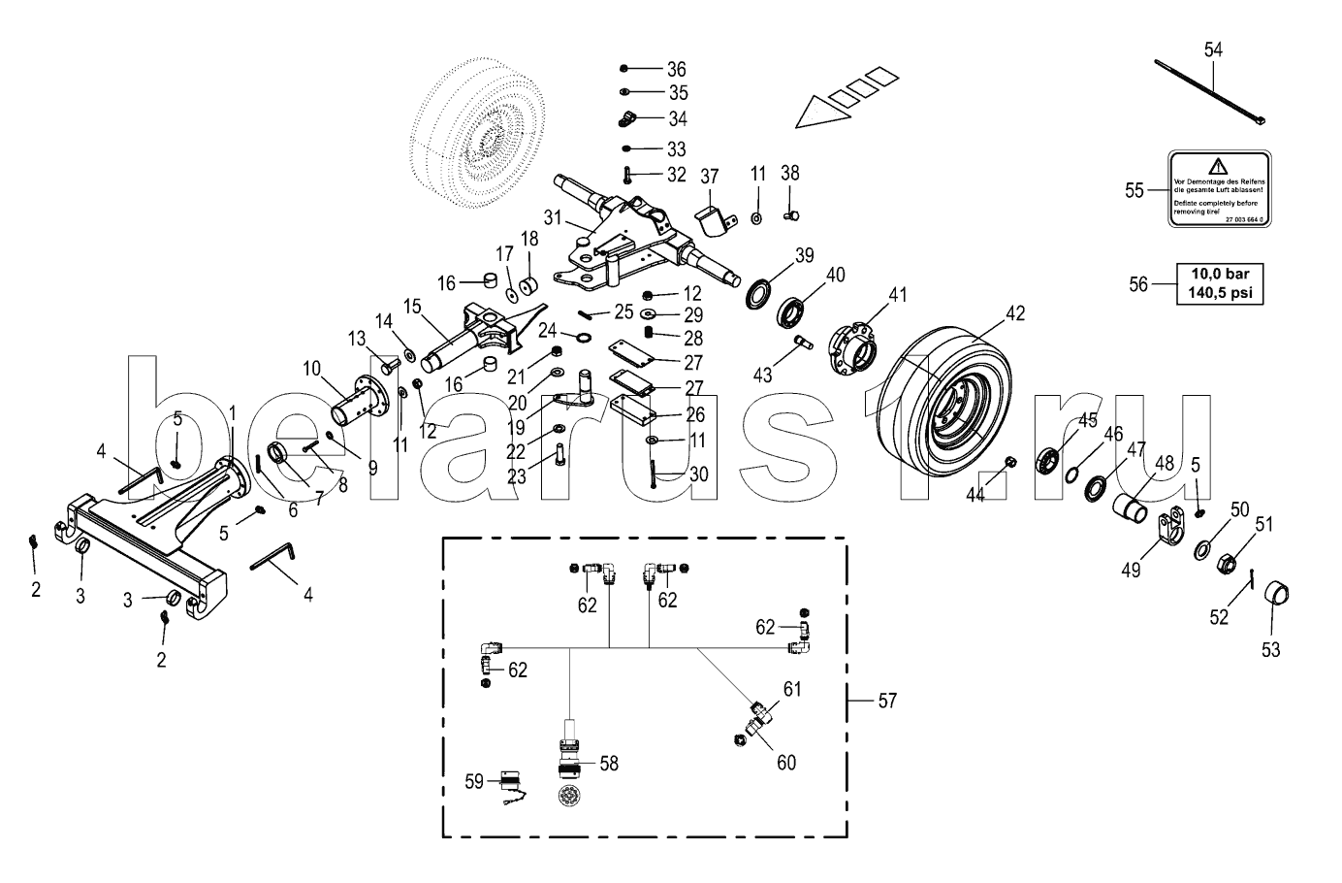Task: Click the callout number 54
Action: [x=1214, y=49]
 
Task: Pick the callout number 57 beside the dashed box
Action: [x=886, y=700]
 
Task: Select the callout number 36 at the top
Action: [x=676, y=69]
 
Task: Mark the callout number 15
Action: [x=412, y=307]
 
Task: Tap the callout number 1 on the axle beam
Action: [x=232, y=413]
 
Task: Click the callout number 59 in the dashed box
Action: [x=473, y=781]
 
